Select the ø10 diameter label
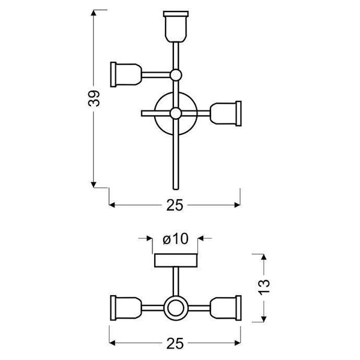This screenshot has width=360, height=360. coord(176,239)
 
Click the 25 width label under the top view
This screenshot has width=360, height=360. coord(175,205)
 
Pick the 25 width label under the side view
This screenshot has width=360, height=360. coord(175,344)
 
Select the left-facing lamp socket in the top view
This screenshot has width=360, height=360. coord(125,74)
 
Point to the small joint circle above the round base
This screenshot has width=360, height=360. coord(175,75)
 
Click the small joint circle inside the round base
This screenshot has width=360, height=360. coord(175,113)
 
